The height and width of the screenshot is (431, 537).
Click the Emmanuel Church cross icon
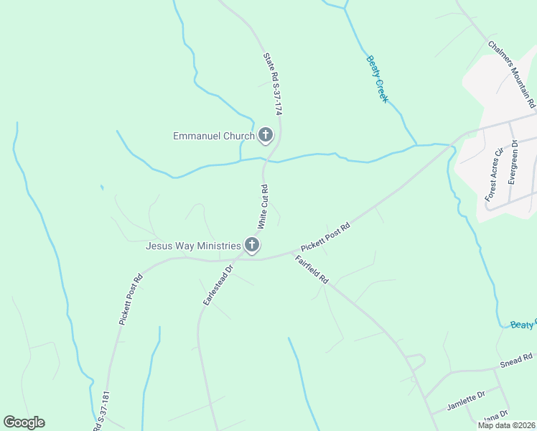266,135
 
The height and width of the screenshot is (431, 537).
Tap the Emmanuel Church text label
214,136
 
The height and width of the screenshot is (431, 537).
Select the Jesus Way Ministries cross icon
252,246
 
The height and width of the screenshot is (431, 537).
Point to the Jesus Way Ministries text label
192,246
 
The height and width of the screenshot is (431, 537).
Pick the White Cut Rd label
263,207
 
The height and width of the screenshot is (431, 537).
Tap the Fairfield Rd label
312,269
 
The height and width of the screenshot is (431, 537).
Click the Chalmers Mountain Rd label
512,74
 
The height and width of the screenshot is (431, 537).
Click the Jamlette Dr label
467,399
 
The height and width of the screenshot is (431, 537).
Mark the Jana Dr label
495,415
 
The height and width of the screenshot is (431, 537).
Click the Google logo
24,422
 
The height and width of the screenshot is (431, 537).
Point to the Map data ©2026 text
505,425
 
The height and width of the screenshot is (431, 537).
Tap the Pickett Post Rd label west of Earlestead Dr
131,300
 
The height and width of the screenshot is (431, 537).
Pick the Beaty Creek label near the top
377,79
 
